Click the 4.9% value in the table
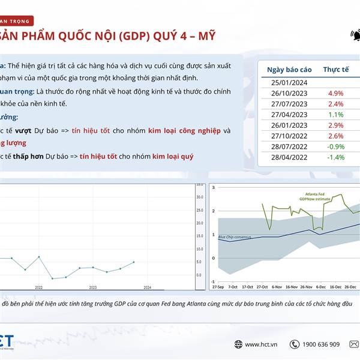[335, 93]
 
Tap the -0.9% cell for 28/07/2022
[335, 146]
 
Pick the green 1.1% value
[335, 115]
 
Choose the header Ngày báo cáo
[289, 70]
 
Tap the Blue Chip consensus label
[235, 238]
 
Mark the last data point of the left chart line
[133, 262]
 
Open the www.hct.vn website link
[260, 344]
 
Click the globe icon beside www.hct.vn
[238, 344]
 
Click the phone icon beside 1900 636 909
[294, 344]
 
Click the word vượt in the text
[23, 130]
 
